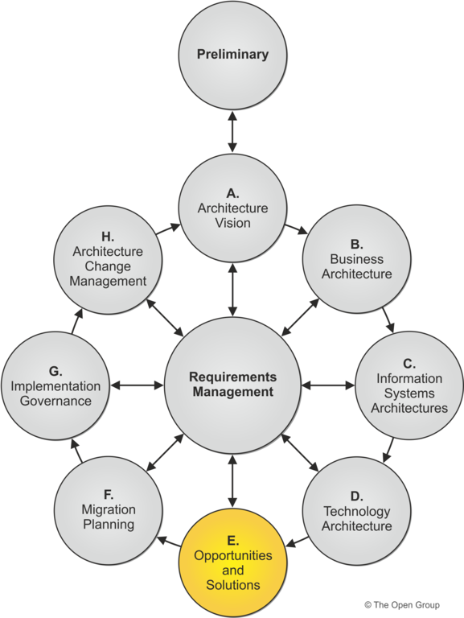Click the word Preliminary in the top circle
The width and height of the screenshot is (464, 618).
point(232,55)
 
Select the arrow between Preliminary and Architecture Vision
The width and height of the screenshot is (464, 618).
point(232,132)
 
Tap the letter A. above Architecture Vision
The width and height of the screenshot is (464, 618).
point(232,193)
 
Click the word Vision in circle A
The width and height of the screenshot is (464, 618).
point(232,223)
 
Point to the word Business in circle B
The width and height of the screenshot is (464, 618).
point(356,259)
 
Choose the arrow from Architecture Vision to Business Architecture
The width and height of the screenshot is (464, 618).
point(296,229)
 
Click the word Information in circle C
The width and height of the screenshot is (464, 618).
point(409,378)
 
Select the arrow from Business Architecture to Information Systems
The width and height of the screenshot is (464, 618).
point(388,320)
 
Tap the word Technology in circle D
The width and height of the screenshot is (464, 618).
point(356,511)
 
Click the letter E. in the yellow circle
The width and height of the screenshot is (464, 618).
point(232,541)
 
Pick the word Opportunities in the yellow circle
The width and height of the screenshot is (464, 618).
point(232,555)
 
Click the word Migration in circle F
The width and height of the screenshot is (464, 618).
point(109,509)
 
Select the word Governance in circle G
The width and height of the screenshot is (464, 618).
point(55,401)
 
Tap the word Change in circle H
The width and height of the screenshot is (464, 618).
point(108,266)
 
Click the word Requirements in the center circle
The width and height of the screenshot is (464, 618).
point(232,377)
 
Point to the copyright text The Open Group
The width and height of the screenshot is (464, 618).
point(402,604)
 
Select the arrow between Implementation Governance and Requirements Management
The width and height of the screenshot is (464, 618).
point(137,385)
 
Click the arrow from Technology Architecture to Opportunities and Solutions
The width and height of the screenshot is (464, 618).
point(297,542)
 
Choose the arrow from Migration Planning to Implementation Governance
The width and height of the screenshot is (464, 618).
point(77,451)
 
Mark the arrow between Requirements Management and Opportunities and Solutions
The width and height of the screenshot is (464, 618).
point(232,481)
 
